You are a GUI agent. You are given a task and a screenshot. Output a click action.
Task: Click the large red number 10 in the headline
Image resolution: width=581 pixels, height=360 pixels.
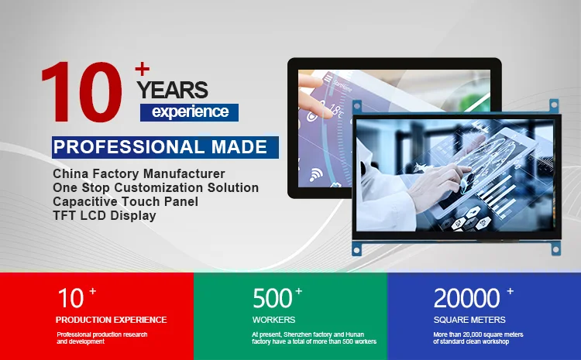(81, 92)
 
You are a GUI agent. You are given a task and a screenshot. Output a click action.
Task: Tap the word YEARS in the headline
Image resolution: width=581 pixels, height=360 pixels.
(172, 90)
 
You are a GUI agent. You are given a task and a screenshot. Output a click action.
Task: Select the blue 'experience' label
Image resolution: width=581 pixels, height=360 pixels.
(189, 112)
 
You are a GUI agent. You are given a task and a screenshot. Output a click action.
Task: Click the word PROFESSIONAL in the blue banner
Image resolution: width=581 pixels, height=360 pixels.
(129, 147)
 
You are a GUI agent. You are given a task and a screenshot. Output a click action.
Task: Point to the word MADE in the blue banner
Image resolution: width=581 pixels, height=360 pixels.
(239, 147)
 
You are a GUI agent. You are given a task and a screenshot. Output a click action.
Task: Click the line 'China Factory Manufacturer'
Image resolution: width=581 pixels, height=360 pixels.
(139, 173)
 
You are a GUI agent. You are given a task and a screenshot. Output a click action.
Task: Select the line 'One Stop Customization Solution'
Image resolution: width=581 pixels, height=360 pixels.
(156, 187)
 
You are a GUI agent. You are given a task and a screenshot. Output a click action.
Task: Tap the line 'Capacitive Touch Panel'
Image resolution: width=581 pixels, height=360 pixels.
(125, 201)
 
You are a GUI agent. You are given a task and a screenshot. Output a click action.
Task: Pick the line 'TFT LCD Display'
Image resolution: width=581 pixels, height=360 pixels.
(105, 215)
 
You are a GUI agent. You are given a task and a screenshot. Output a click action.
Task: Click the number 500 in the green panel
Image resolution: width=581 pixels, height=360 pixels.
(273, 298)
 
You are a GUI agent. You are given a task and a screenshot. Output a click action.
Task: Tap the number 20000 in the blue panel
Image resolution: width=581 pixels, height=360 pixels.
(467, 298)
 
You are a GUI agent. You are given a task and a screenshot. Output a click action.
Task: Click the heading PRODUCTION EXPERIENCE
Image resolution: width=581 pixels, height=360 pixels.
(111, 320)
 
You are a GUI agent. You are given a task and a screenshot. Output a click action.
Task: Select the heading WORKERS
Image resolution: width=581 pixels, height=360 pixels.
(273, 320)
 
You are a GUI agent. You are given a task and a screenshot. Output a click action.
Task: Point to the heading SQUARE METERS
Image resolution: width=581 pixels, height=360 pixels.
(469, 320)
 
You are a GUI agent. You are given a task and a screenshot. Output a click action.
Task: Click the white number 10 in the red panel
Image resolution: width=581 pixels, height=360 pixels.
(70, 298)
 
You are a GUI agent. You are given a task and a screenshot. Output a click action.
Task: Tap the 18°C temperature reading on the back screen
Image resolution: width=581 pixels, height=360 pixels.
(335, 110)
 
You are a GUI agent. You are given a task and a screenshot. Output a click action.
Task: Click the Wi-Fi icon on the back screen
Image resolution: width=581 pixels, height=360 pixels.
(316, 174)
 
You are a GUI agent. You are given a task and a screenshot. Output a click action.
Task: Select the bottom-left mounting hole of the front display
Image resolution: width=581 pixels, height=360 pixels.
(357, 250)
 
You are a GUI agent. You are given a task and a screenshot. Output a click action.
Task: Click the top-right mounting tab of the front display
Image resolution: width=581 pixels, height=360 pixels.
(554, 105)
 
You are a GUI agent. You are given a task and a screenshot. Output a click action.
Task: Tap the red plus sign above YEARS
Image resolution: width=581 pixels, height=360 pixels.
(143, 69)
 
